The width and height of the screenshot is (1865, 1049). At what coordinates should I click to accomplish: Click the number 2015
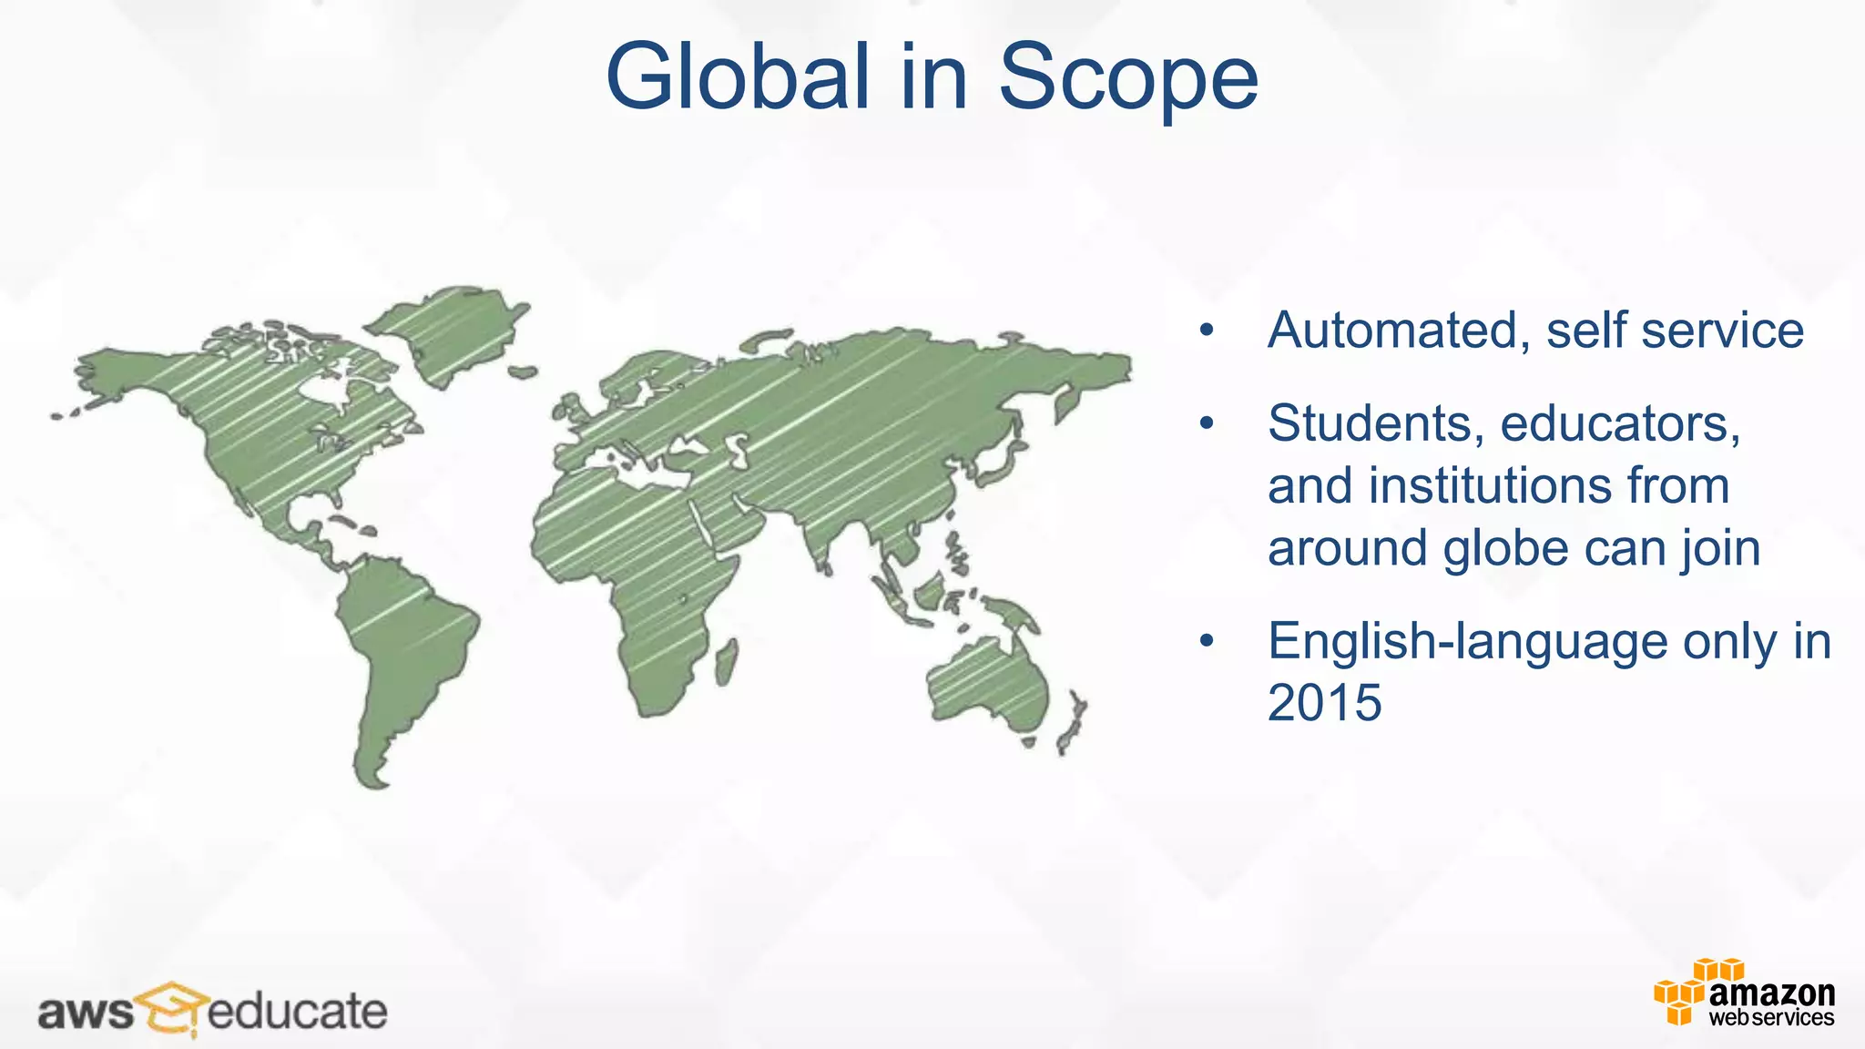click(1324, 703)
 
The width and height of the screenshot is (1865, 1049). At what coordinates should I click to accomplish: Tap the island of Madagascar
click(726, 663)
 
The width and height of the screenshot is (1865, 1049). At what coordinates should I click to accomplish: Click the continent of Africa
click(637, 565)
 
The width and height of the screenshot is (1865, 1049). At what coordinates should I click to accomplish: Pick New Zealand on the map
click(1072, 724)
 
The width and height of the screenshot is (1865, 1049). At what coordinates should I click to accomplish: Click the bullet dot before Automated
click(1207, 331)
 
